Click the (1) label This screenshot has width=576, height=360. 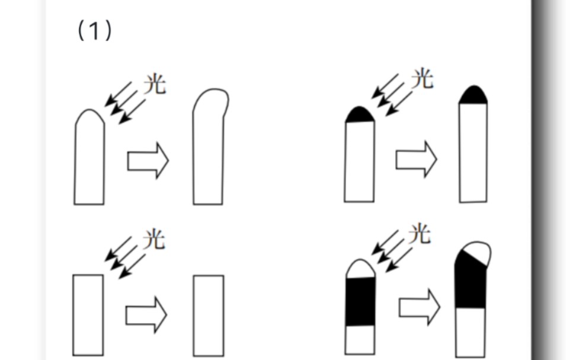[94, 31]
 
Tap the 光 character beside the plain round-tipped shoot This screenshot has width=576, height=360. [155, 84]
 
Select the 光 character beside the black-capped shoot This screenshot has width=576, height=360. [423, 78]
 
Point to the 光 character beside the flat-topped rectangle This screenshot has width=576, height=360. [154, 240]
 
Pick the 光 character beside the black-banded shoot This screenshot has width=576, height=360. [420, 234]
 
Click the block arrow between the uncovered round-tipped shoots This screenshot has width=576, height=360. [148, 161]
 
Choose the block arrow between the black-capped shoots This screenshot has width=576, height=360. [416, 159]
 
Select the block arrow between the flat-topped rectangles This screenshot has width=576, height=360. [146, 315]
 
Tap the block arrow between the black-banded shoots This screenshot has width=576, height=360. [420, 307]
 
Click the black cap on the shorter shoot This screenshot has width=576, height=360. [360, 115]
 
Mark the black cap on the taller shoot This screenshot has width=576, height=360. [473, 95]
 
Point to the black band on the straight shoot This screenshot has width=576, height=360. [360, 301]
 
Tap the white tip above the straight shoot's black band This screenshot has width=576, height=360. [360, 269]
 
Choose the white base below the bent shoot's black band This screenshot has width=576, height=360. [470, 332]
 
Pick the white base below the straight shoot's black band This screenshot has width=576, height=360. [360, 340]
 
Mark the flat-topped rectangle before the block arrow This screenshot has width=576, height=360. [88, 315]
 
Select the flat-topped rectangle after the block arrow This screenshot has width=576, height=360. [209, 316]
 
